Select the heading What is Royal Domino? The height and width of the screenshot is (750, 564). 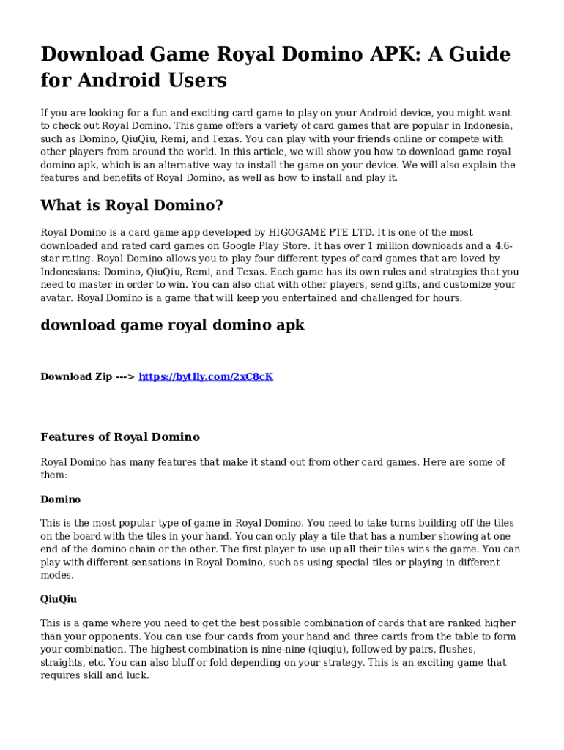tap(132, 205)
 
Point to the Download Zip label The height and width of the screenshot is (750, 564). tap(76, 376)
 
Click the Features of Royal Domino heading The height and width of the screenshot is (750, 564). tap(120, 437)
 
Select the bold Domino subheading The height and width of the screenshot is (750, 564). tap(61, 500)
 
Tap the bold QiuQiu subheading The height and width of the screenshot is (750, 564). tap(59, 599)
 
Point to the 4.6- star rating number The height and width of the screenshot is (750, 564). tap(503, 245)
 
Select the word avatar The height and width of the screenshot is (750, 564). tap(56, 298)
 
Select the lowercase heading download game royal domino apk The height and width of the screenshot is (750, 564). tap(172, 325)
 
